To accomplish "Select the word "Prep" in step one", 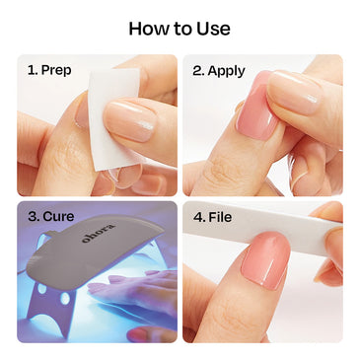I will tap(57, 71).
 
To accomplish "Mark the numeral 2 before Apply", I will tap(197, 71).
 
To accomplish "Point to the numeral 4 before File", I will tap(197, 217).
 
